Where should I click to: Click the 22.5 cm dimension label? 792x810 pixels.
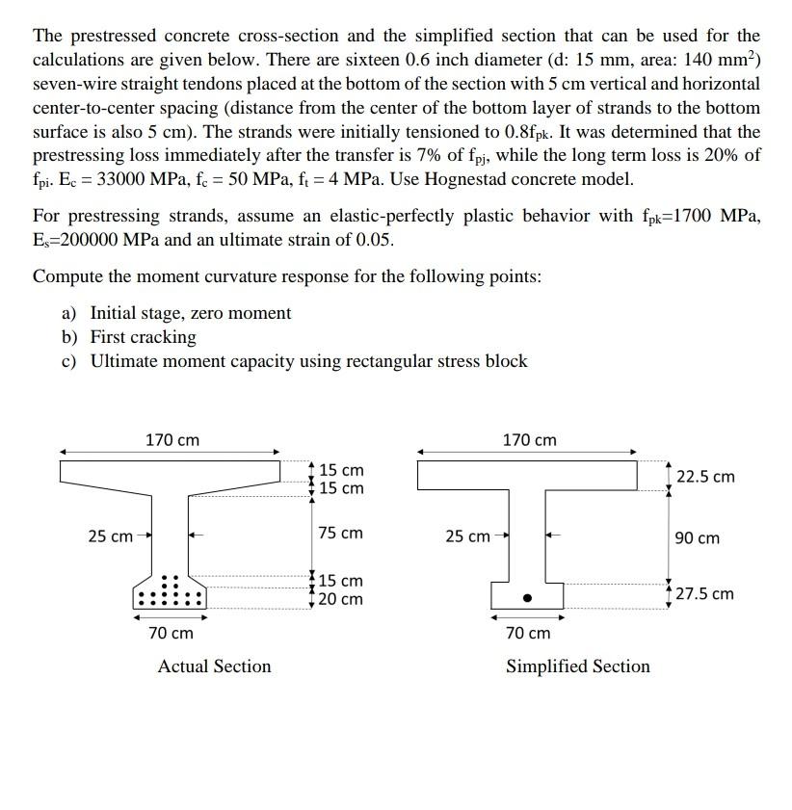click(x=705, y=477)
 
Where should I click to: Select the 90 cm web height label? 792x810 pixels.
click(x=697, y=537)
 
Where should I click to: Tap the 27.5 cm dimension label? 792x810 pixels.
click(x=704, y=593)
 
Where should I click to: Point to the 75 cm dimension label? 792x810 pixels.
click(x=341, y=533)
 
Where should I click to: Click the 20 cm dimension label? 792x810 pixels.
click(x=341, y=599)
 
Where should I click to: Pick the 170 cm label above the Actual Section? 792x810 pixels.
click(x=172, y=440)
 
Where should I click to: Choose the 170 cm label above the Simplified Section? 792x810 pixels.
click(x=530, y=440)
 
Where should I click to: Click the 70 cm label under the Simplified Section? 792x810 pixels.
click(x=528, y=633)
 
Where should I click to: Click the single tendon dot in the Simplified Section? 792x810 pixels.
click(x=527, y=598)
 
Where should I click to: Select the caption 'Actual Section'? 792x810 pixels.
click(x=214, y=666)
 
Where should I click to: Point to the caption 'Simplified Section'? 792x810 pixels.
click(x=578, y=666)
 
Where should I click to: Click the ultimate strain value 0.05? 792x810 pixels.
click(x=374, y=240)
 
